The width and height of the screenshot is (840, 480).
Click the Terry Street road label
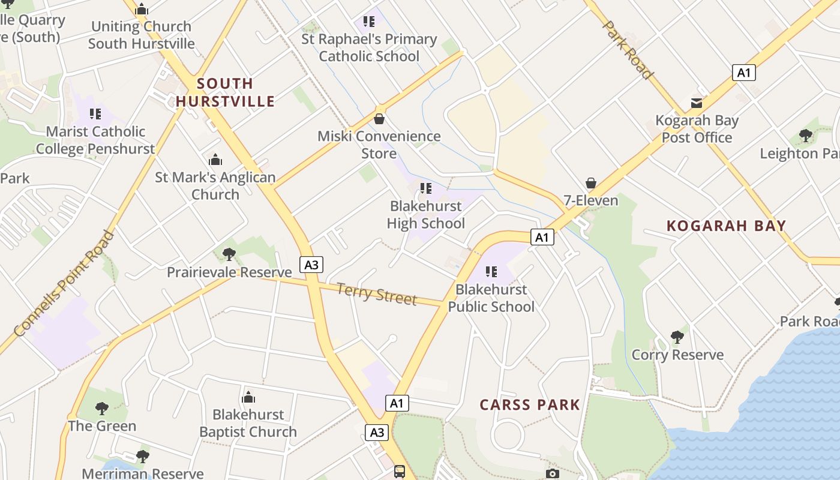point(377,294)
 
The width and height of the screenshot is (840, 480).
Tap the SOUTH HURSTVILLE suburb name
point(225,92)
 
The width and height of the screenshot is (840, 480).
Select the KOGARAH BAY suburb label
point(726,226)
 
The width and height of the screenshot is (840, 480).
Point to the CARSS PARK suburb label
point(530,404)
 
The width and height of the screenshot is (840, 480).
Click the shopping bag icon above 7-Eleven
point(591,183)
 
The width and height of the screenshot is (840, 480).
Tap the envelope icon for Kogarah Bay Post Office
point(697,103)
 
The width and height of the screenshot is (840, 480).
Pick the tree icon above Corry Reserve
point(677,337)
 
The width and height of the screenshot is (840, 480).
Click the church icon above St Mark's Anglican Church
point(215,160)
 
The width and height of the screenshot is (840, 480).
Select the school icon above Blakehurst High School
point(426,188)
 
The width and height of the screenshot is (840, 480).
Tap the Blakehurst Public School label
point(491,298)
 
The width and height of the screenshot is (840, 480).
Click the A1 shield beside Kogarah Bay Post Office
point(744,73)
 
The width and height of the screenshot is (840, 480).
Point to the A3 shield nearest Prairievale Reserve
point(311,265)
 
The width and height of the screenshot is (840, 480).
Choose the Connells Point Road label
point(64,283)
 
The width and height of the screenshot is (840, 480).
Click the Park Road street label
point(627,50)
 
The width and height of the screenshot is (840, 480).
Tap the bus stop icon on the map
point(400,472)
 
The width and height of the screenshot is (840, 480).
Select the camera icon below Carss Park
point(553,473)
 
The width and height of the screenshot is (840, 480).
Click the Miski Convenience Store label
point(379,145)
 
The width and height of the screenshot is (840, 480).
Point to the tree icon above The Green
point(102,409)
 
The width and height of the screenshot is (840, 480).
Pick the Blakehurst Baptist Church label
point(248,423)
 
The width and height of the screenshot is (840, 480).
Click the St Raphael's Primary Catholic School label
point(369,47)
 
